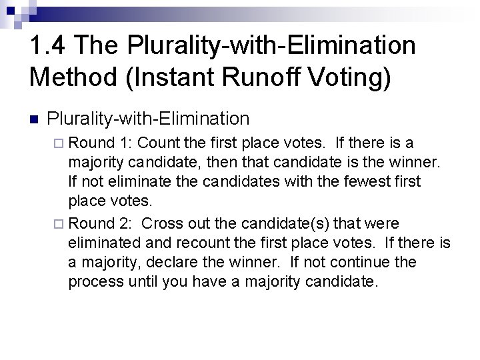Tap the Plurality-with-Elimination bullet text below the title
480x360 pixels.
point(149,119)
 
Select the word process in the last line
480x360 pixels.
point(93,281)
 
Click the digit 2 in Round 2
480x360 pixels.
point(125,223)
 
